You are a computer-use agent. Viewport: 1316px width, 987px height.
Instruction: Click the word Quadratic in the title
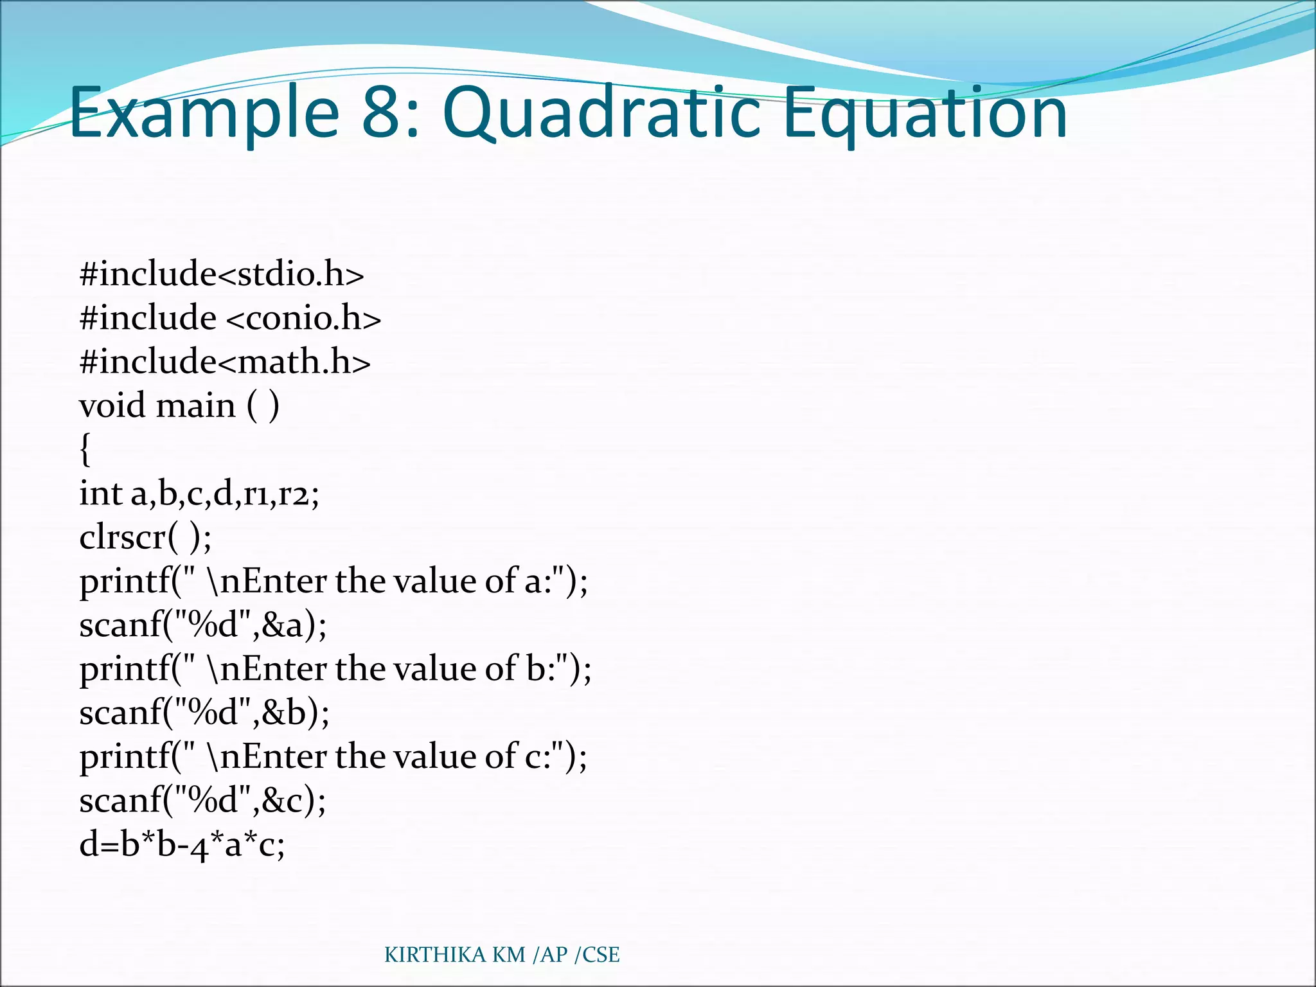(x=601, y=114)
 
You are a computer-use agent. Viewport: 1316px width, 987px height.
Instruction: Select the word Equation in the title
(x=925, y=114)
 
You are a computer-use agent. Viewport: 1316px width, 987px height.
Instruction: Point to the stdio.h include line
(x=222, y=274)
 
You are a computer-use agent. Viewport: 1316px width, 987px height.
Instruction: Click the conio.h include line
(x=230, y=318)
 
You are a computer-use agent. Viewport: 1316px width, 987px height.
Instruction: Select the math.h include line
(x=225, y=362)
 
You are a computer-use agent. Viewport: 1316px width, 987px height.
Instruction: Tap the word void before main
(x=112, y=405)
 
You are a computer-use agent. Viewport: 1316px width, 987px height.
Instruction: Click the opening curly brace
(x=85, y=449)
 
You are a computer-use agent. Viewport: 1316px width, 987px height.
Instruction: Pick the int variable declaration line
(x=199, y=493)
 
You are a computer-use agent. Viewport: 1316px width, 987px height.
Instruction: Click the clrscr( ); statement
(x=145, y=537)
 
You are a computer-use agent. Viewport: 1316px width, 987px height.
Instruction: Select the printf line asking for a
(x=333, y=581)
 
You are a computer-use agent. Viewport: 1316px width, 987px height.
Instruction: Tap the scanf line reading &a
(x=203, y=625)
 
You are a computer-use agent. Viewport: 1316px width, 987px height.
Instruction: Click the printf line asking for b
(x=335, y=668)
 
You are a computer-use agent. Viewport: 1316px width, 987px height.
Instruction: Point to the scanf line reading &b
(x=204, y=713)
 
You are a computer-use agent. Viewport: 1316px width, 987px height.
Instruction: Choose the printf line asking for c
(x=333, y=756)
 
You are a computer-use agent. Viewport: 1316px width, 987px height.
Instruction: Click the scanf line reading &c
(x=202, y=801)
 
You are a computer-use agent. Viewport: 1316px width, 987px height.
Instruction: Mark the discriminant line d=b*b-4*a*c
(x=182, y=844)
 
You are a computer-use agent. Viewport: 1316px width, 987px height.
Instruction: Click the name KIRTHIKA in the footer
(x=435, y=955)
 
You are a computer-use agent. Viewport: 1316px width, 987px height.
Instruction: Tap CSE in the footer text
(x=601, y=955)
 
